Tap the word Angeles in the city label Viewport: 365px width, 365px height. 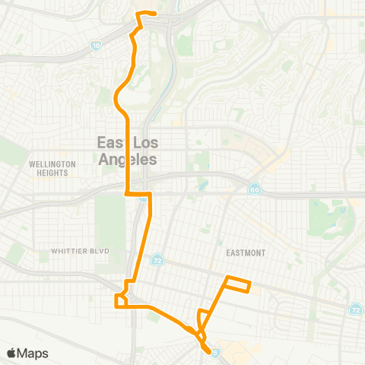tap(127, 160)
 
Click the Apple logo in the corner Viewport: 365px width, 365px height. tap(11, 353)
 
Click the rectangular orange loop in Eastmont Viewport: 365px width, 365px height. tap(237, 284)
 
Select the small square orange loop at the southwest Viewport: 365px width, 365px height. tap(121, 301)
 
